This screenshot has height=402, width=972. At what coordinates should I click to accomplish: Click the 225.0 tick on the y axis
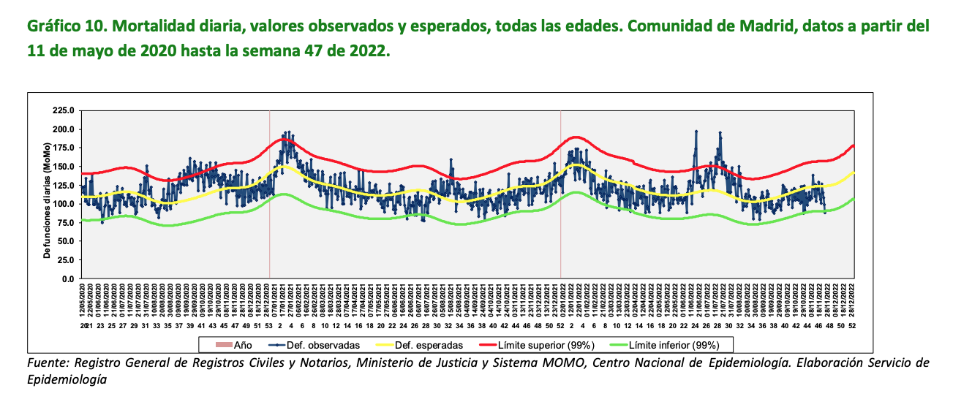64,110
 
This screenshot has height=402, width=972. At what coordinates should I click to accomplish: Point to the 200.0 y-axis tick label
64,129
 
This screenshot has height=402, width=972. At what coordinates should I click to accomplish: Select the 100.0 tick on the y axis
64,204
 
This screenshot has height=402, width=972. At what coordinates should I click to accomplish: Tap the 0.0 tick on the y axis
69,278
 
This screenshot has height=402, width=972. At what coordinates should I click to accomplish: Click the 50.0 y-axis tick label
66,241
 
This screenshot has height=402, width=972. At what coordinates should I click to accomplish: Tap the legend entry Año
237,345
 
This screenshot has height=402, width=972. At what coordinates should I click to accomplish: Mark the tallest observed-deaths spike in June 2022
696,132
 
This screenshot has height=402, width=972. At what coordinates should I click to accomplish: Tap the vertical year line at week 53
270,194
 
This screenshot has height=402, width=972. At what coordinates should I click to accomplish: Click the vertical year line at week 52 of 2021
561,194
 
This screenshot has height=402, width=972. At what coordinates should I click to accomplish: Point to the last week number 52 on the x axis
851,325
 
